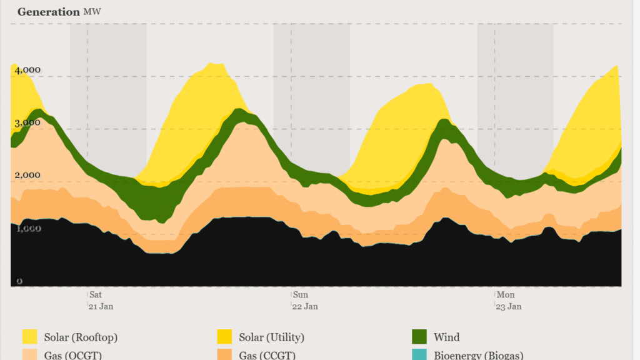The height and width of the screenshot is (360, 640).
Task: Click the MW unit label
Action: click(x=91, y=12)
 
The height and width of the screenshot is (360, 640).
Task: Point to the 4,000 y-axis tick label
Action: click(x=28, y=71)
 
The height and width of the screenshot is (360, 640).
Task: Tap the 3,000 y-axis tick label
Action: click(x=28, y=122)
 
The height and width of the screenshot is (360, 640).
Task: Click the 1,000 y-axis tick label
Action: click(x=28, y=228)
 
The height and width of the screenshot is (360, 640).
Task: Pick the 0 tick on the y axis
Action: click(x=19, y=281)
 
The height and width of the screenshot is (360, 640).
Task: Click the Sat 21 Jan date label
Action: click(x=101, y=300)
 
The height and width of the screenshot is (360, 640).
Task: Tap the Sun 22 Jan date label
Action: click(x=305, y=300)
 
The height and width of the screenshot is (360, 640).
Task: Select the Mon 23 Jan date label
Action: click(x=509, y=300)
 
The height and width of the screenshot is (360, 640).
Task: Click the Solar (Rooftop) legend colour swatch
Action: click(x=29, y=337)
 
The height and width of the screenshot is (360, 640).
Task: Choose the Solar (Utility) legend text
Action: click(x=271, y=337)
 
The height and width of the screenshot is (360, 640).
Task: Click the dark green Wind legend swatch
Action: click(x=419, y=337)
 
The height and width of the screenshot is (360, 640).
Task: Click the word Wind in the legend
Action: click(x=446, y=337)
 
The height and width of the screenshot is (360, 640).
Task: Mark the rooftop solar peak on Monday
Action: click(x=616, y=66)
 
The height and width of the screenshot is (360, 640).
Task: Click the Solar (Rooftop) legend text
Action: click(x=81, y=337)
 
